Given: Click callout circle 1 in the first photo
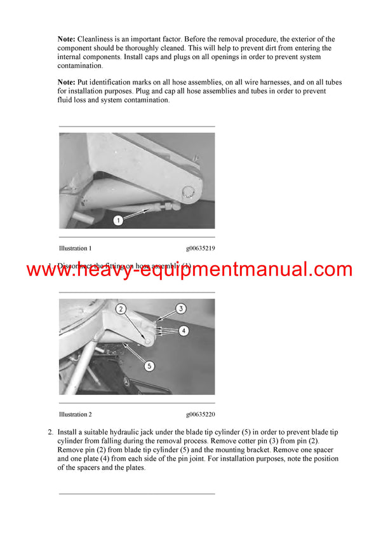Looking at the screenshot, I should point(118,220).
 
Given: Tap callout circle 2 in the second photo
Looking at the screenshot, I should point(122,309).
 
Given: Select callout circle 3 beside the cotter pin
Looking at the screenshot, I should point(180,308).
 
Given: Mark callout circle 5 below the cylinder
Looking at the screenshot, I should point(149,366).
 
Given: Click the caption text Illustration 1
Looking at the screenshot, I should point(75,248).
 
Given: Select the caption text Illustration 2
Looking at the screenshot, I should point(75,414).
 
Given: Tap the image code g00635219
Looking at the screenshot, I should point(201,248).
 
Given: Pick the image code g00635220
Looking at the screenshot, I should point(201,414).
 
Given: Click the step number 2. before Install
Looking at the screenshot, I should point(51,433).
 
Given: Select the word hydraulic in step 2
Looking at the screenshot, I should point(124,433).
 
